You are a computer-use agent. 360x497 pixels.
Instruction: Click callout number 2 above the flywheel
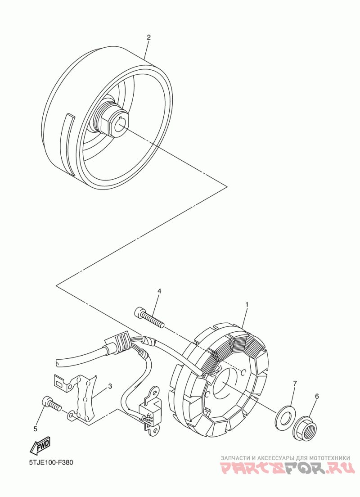pyautogui.click(x=148, y=37)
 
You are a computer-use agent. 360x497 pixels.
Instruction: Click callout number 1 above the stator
pyautogui.click(x=247, y=305)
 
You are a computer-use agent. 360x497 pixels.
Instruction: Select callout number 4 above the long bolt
pyautogui.click(x=159, y=291)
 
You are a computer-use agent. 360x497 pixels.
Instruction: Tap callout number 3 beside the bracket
pyautogui.click(x=110, y=386)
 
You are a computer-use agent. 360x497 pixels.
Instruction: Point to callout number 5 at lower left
pyautogui.click(x=35, y=429)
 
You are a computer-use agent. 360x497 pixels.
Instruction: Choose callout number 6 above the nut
pyautogui.click(x=316, y=396)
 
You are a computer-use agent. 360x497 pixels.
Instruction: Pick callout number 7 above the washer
pyautogui.click(x=295, y=384)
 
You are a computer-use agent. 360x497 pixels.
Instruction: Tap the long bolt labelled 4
pyautogui.click(x=149, y=316)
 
